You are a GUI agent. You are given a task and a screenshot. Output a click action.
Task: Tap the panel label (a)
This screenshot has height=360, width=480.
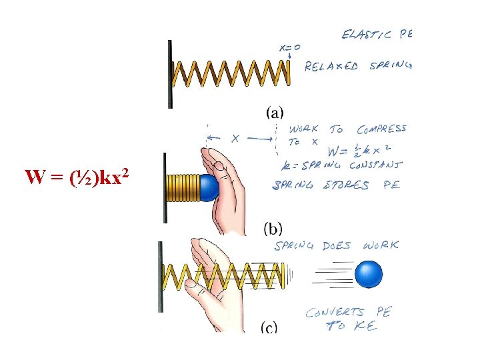pyautogui.click(x=274, y=113)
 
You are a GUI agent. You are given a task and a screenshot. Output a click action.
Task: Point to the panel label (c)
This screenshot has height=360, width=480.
pyautogui.click(x=269, y=327)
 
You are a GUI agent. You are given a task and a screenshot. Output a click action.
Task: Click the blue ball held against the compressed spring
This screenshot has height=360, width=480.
pyautogui.click(x=210, y=189)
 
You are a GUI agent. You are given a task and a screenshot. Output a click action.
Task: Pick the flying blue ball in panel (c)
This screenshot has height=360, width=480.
pyautogui.click(x=369, y=274)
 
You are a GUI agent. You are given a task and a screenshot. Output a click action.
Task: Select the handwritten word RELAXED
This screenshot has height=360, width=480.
pyautogui.click(x=331, y=66)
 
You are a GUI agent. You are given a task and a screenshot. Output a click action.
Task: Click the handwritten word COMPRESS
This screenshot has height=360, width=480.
pyautogui.click(x=381, y=129)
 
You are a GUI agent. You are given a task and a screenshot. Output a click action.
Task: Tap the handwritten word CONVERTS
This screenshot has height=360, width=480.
pyautogui.click(x=335, y=312)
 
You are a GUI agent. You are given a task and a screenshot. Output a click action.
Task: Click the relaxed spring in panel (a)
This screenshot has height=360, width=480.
pyautogui.click(x=231, y=73)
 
